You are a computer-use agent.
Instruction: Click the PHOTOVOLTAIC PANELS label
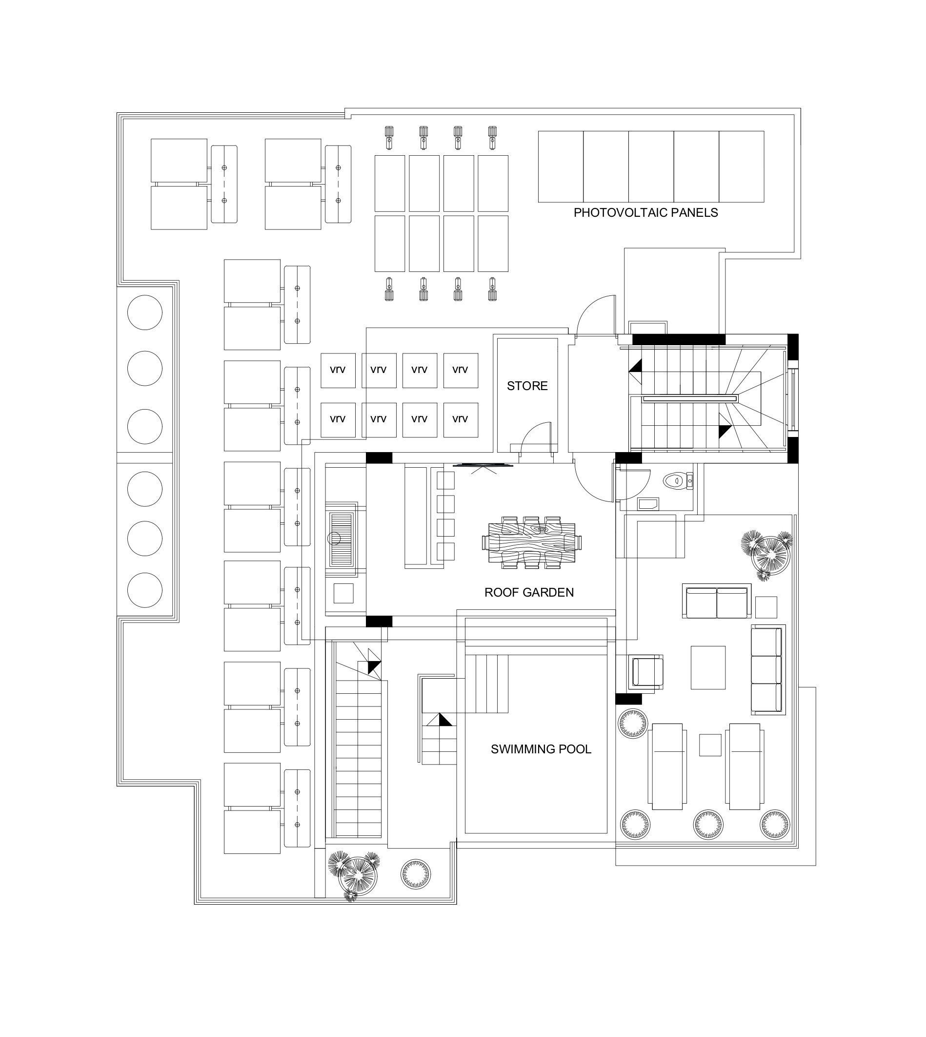click(x=645, y=212)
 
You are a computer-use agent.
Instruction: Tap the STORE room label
click(x=527, y=386)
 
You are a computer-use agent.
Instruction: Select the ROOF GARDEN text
click(x=529, y=592)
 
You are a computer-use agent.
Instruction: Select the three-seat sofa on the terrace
click(x=767, y=670)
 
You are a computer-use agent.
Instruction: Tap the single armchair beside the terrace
click(x=646, y=672)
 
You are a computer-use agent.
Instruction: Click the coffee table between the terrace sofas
click(x=708, y=667)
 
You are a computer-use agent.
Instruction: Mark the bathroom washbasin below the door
click(x=648, y=504)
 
